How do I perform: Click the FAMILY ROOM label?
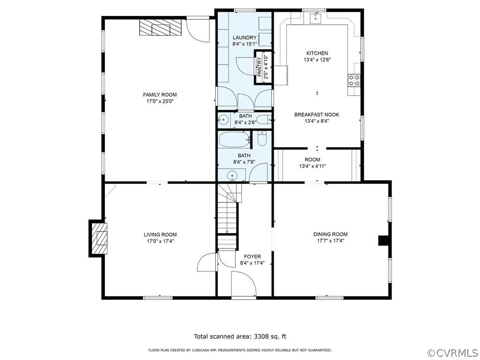[160, 95]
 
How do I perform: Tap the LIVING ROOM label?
[160, 235]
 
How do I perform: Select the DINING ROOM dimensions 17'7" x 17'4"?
[330, 241]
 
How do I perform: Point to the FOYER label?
[252, 256]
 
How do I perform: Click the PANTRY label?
[259, 67]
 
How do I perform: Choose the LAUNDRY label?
[245, 37]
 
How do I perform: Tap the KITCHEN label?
[317, 53]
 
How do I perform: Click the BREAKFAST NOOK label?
[317, 115]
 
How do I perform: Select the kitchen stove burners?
[354, 80]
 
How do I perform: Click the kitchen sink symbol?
[315, 18]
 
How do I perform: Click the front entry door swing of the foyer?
[244, 284]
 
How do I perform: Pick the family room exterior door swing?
[198, 30]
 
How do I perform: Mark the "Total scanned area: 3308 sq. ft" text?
[240, 337]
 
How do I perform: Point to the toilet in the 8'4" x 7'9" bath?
[262, 138]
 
